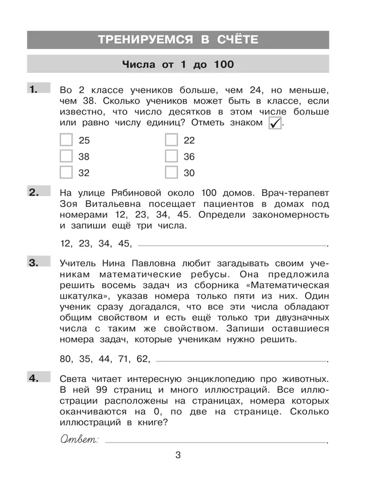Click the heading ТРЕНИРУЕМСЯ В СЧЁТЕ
point(178,39)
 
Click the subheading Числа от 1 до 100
point(178,65)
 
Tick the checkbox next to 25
point(66,140)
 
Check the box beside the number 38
point(66,156)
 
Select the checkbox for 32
point(66,172)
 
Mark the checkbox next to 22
point(171,140)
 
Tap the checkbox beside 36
point(171,156)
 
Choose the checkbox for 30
point(171,172)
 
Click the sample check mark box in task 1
point(275,123)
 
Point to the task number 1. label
point(34,88)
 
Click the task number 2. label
point(34,192)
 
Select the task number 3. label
point(34,262)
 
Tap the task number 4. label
point(34,377)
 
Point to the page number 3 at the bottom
point(178,455)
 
